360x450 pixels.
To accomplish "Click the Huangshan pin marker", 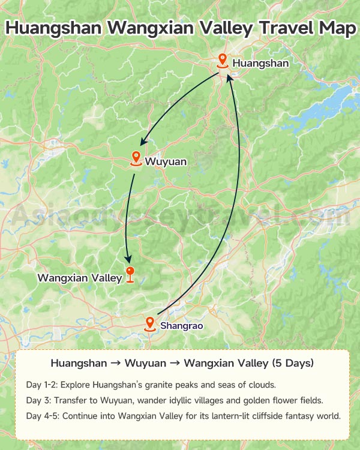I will pos(223,61).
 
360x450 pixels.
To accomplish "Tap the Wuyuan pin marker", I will pos(136,159).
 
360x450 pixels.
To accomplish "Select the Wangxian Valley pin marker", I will pos(130,274).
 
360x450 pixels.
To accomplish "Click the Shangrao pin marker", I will pos(150,324).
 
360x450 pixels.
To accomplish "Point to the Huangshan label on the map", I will pos(260,63).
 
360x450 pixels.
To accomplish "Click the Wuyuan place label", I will pos(166,161).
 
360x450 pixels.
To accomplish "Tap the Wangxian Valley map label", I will pos(80,278).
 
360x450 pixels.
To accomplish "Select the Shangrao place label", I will pos(182,326).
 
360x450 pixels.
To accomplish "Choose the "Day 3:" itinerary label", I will pos(38,400).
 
